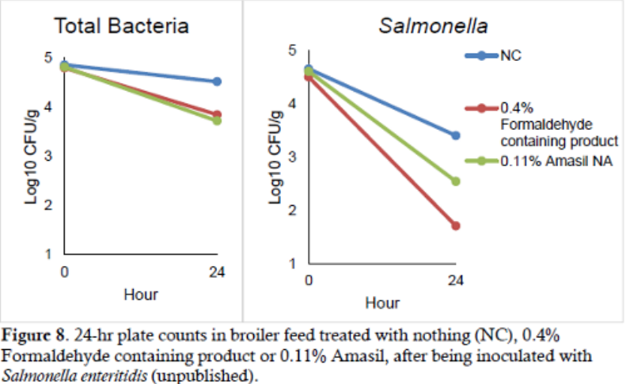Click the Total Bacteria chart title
pyautogui.click(x=121, y=26)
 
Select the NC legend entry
pyautogui.click(x=510, y=55)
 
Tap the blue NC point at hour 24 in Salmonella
pyautogui.click(x=456, y=135)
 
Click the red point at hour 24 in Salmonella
pyautogui.click(x=456, y=226)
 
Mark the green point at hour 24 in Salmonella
pyautogui.click(x=456, y=181)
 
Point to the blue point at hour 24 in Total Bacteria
pyautogui.click(x=217, y=82)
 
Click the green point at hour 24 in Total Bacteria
pyautogui.click(x=217, y=120)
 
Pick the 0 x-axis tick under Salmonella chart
pyautogui.click(x=309, y=281)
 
